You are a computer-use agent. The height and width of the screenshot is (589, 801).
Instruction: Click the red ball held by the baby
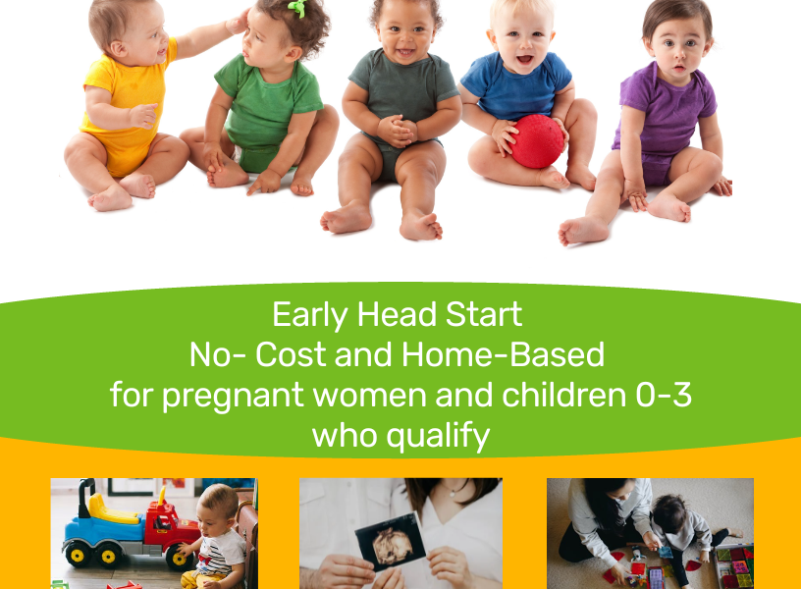537,141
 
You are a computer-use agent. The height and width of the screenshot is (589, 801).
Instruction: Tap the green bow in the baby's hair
297,8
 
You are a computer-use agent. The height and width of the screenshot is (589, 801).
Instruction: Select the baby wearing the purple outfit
659,123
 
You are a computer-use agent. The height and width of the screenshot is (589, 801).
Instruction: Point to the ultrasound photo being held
391,541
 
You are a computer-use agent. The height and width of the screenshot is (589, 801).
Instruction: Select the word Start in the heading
484,314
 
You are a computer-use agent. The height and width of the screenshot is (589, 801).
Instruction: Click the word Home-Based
504,354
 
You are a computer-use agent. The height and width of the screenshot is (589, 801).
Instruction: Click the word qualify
438,437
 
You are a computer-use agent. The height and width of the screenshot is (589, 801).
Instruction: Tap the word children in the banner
564,395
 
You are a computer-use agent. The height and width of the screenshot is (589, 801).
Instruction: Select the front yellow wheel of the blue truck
79,554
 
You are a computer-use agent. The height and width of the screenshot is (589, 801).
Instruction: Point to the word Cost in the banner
291,354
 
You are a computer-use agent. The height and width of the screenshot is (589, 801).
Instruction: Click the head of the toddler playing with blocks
669,512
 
